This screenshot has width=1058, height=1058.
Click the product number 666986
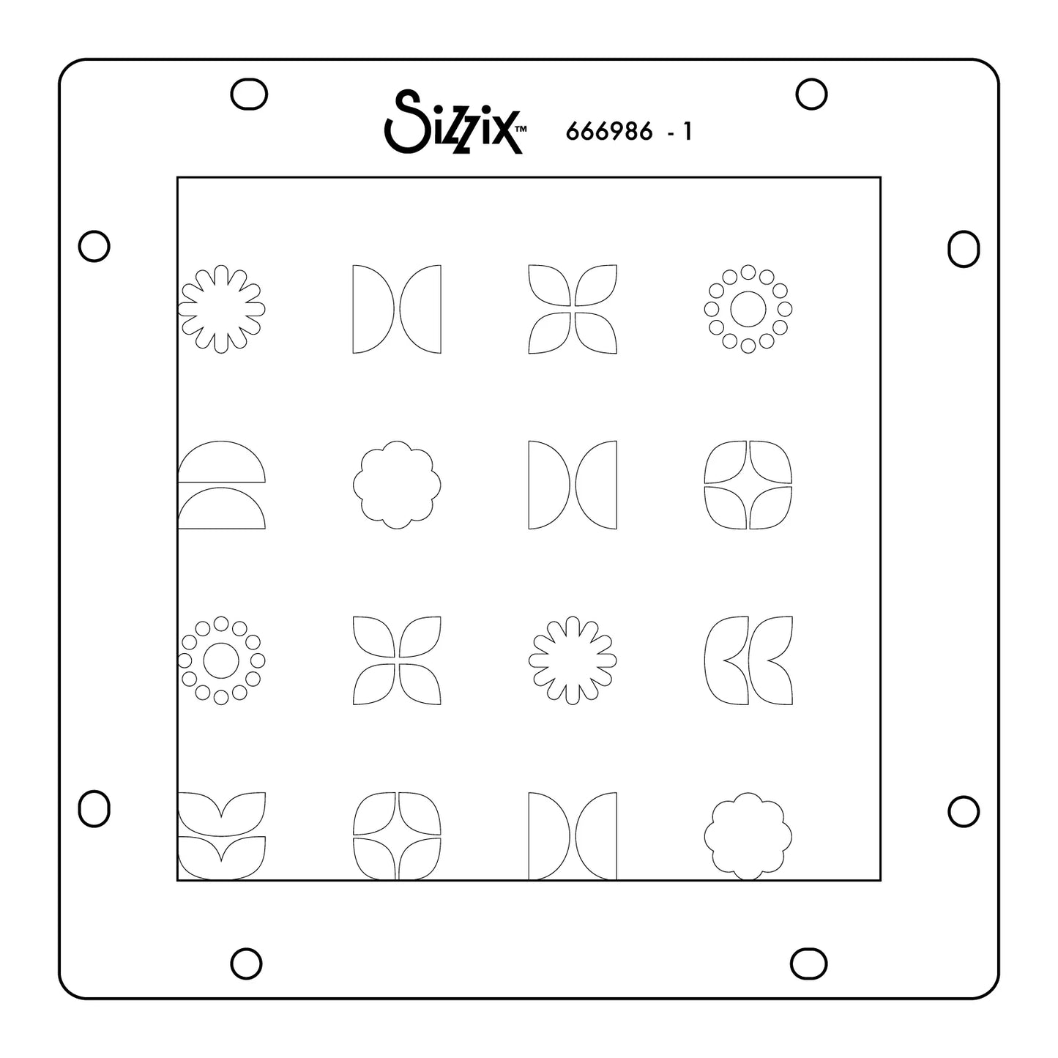click(608, 132)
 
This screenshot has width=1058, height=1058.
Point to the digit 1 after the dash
click(686, 132)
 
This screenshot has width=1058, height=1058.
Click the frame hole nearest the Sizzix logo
click(249, 94)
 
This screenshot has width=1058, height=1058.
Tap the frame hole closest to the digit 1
click(811, 94)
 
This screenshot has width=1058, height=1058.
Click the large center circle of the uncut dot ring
click(748, 308)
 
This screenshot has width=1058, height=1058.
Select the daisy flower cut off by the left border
click(222, 308)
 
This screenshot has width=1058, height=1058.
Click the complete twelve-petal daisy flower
click(573, 660)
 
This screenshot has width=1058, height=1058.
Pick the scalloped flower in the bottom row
click(748, 835)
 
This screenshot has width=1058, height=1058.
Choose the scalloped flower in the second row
click(397, 484)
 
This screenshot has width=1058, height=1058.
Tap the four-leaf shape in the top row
click(573, 308)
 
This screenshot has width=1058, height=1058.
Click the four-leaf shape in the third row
click(397, 660)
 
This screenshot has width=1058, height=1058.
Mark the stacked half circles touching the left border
click(221, 484)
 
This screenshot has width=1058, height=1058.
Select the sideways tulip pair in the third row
click(748, 660)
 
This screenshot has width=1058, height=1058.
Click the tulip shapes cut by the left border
click(221, 835)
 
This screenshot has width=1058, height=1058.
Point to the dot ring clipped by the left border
click(221, 660)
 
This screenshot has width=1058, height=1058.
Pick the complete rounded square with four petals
click(748, 484)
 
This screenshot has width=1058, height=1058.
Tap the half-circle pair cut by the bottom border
click(573, 835)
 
